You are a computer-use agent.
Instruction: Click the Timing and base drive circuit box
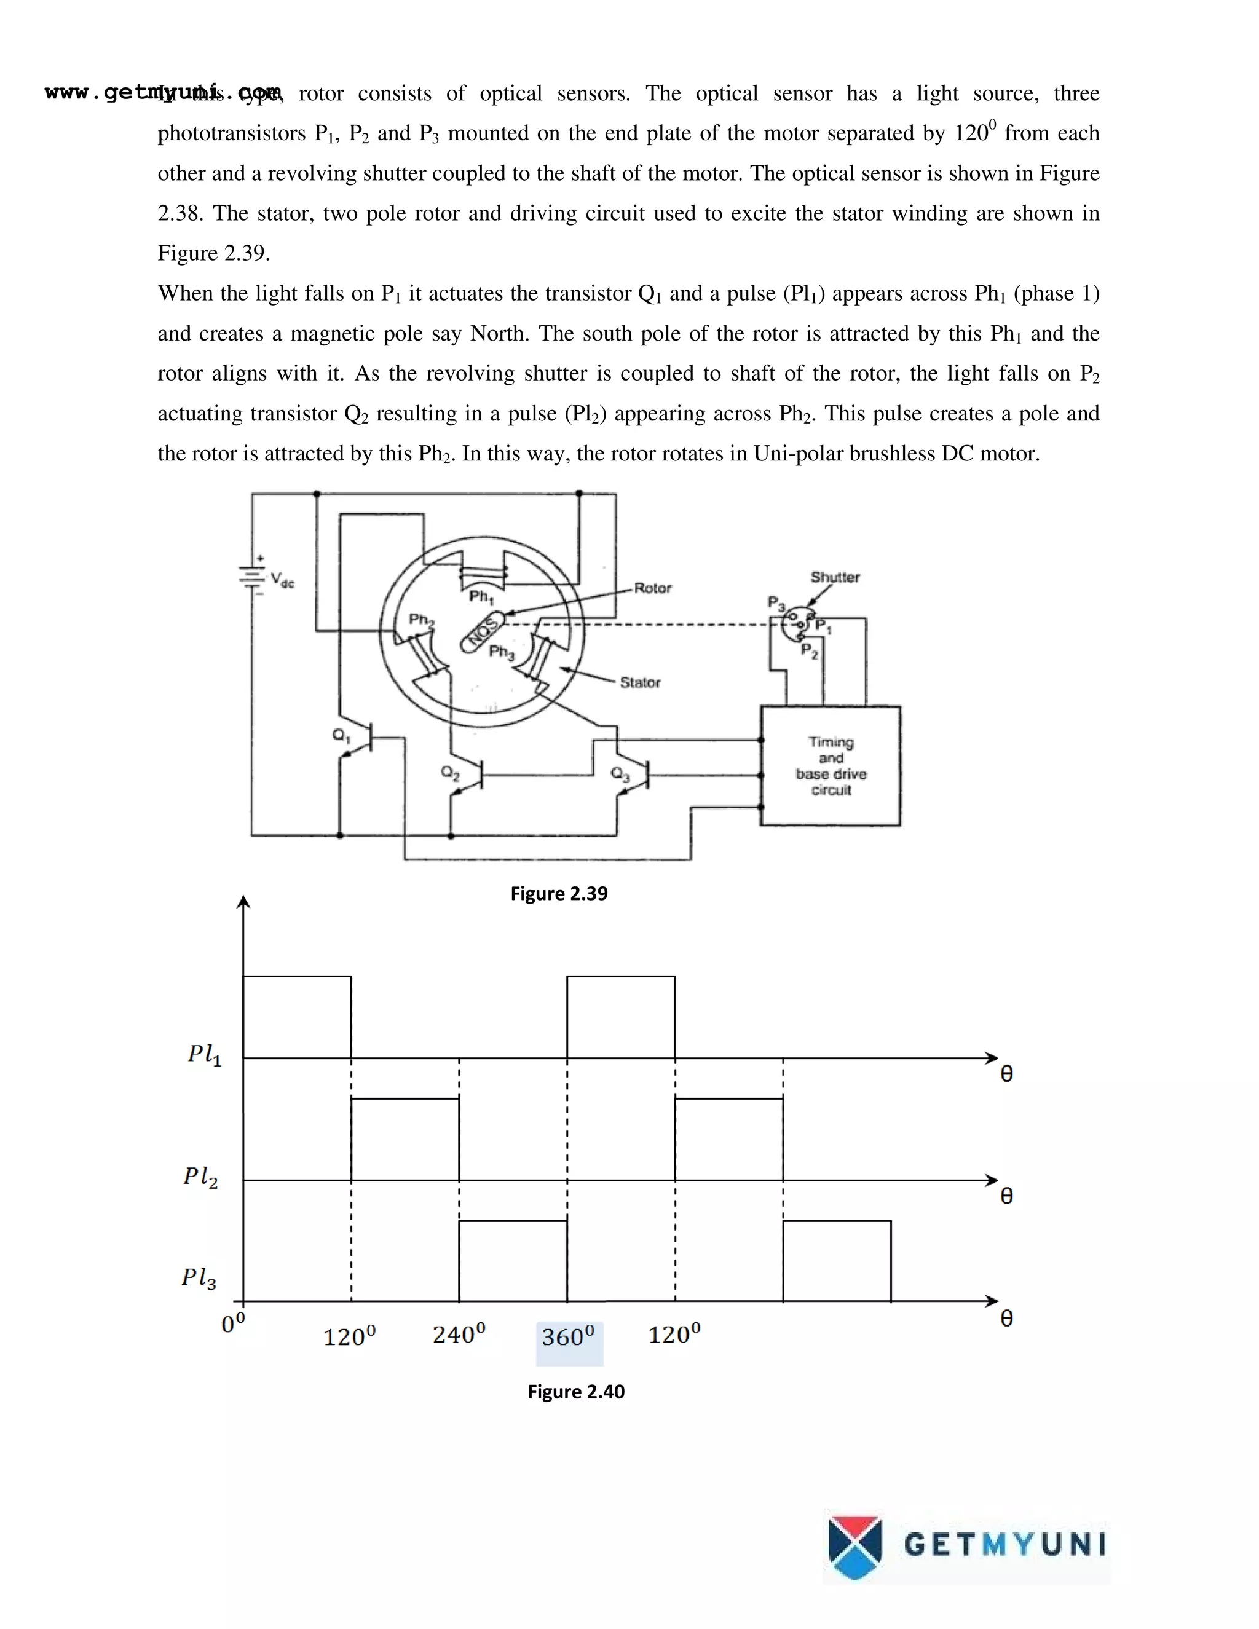pos(830,765)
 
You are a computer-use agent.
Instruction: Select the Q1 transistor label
pos(341,735)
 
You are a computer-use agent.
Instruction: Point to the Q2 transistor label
pos(451,773)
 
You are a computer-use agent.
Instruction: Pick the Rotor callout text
pos(653,588)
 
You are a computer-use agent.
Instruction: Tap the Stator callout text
pos(640,682)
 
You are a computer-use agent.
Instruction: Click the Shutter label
pos(835,577)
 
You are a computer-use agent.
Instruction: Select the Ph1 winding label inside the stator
pos(481,597)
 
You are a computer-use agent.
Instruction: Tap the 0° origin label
pos(233,1323)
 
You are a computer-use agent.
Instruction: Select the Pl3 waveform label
pos(199,1278)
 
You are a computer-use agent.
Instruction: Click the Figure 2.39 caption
pos(559,894)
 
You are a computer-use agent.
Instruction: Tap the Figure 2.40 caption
pos(576,1392)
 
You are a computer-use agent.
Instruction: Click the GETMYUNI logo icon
pos(854,1547)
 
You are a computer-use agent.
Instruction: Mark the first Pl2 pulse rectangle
pos(405,1139)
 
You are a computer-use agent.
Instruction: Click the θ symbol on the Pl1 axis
pos(1006,1074)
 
